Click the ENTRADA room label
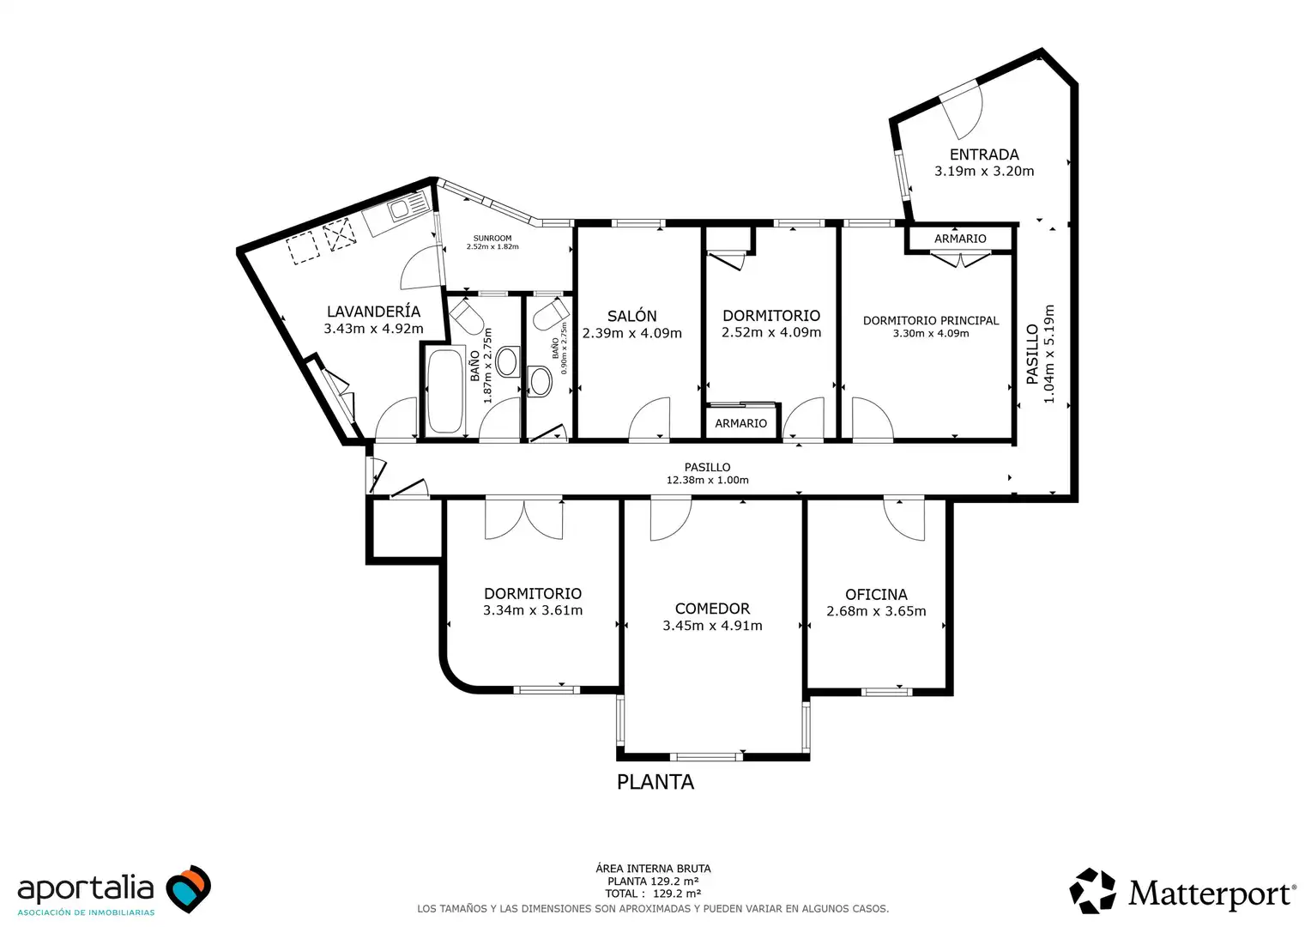click(984, 154)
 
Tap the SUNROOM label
click(492, 239)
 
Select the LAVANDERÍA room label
click(373, 312)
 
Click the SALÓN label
click(632, 316)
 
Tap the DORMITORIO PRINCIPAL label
click(931, 320)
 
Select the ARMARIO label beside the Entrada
click(960, 239)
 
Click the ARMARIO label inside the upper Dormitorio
click(741, 423)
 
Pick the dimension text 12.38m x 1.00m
click(707, 480)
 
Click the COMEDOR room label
click(712, 609)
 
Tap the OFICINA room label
click(876, 594)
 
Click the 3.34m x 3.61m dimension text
click(533, 610)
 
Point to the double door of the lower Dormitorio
click(524, 518)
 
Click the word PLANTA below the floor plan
click(655, 782)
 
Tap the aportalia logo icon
click(188, 888)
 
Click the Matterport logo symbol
click(1093, 891)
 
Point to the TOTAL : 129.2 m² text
click(653, 894)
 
